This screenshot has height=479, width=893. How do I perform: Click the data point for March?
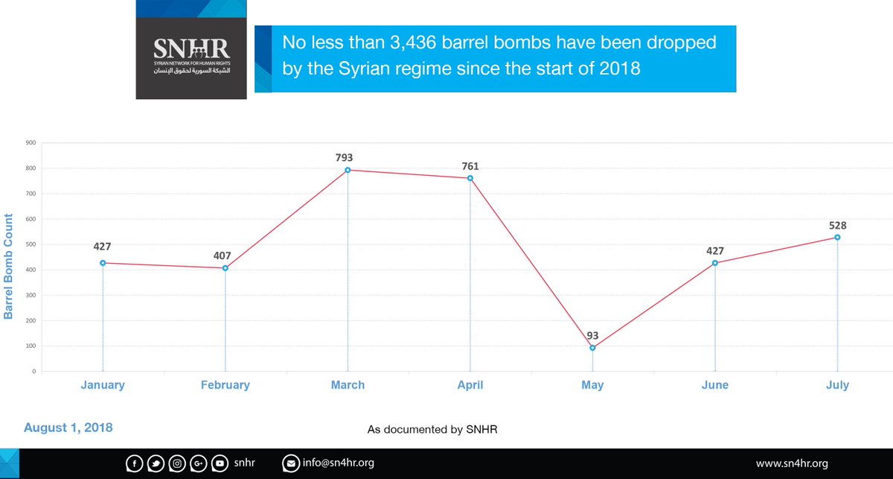coord(348,170)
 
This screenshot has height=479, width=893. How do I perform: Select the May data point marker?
coord(592,348)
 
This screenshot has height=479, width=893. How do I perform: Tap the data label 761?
coord(470,165)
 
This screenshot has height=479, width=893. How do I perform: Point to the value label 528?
coord(837,225)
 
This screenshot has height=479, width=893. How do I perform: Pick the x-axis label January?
coord(103,385)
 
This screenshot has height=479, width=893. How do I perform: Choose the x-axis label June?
coord(714,385)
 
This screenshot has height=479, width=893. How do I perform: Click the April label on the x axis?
coord(470,385)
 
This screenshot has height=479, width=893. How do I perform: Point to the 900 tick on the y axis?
coord(31,142)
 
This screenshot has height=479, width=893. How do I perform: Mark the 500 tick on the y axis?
coord(31,244)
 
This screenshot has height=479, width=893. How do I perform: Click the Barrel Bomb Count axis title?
coord(9,266)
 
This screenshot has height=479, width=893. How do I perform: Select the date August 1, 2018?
coord(68,428)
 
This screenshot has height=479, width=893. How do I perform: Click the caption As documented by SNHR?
coord(432,431)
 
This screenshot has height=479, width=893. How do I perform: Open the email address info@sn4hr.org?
coord(338,463)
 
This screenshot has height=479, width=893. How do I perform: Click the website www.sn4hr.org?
coord(792,463)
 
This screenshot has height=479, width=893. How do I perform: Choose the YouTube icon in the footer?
coord(220,464)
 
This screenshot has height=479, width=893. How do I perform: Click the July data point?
coord(837,238)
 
